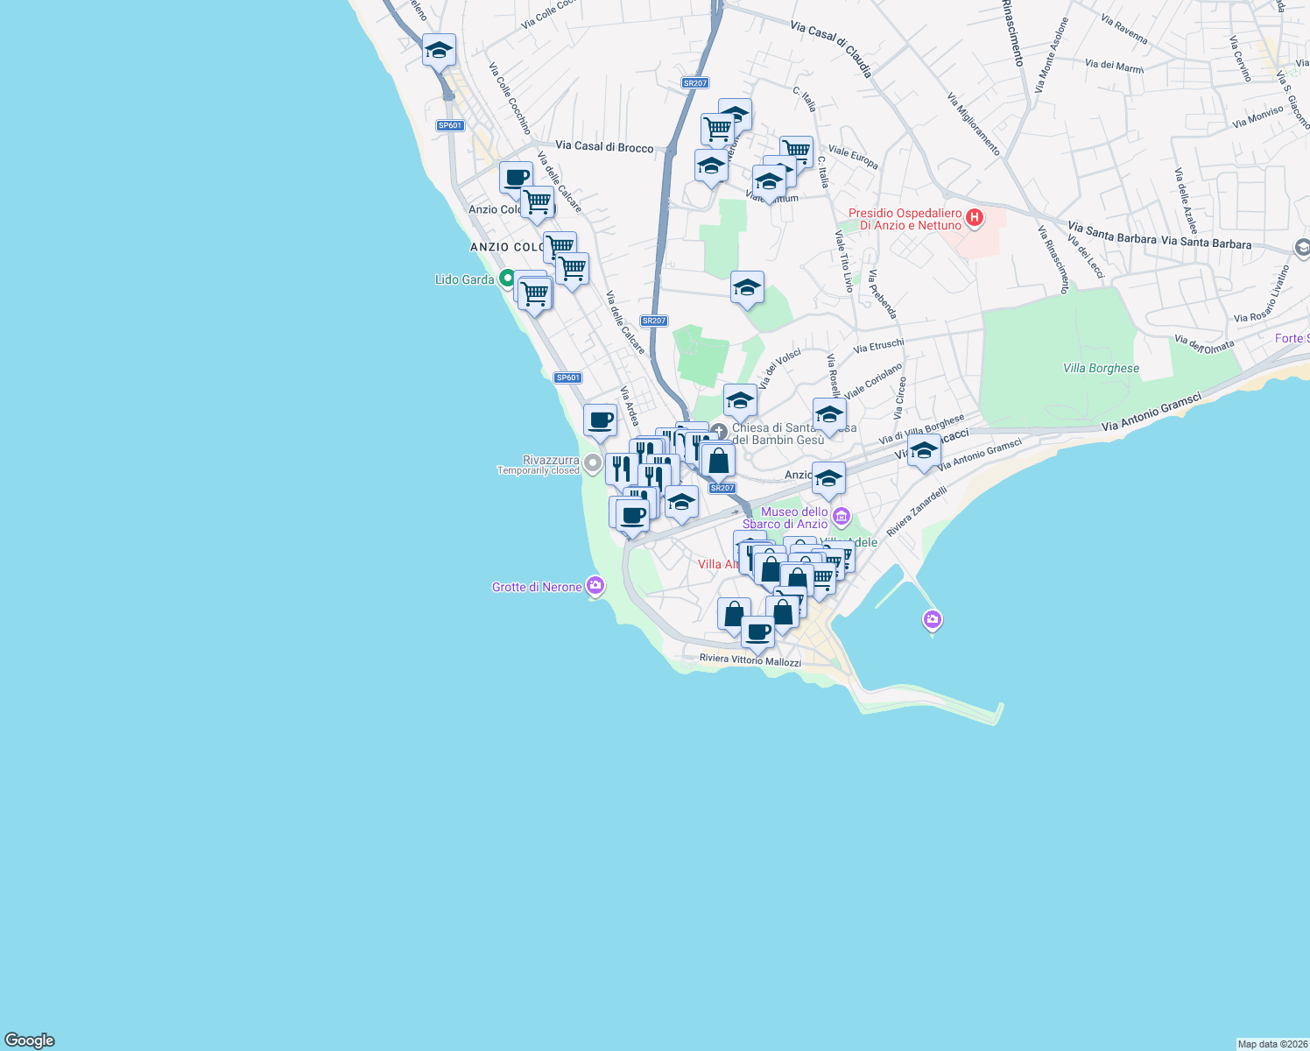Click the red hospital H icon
(974, 216)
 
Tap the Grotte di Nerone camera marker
(595, 585)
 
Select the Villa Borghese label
(1101, 368)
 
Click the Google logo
(30, 1040)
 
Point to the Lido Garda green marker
(506, 279)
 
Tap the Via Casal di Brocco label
(604, 147)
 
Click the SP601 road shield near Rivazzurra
(567, 377)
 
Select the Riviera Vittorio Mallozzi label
(750, 660)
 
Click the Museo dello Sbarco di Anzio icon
(842, 516)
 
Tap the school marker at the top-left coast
(438, 51)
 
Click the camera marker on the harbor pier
(932, 620)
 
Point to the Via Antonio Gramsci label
(1151, 413)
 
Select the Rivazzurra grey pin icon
(593, 462)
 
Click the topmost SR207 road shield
(694, 83)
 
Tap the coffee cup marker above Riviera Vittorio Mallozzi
(757, 631)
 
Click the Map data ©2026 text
(1271, 1044)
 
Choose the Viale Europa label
(853, 158)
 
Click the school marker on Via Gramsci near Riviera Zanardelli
(923, 452)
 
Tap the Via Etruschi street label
(878, 347)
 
